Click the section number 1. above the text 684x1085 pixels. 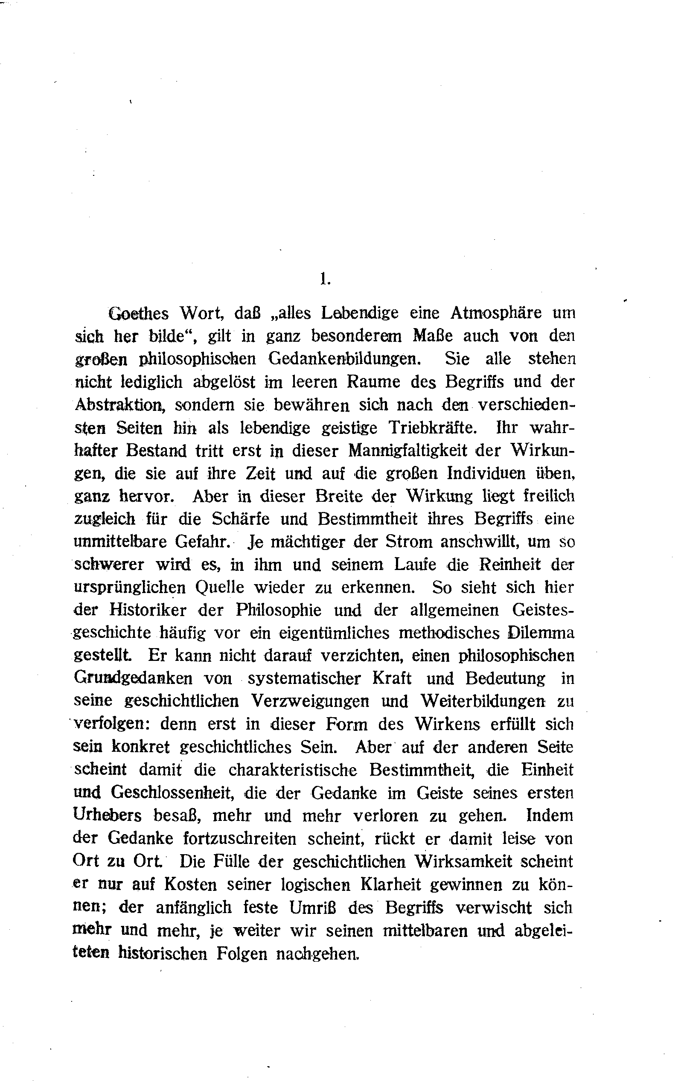click(325, 279)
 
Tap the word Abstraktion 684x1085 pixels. click(118, 404)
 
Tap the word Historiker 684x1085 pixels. click(146, 610)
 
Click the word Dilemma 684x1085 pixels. click(540, 633)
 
